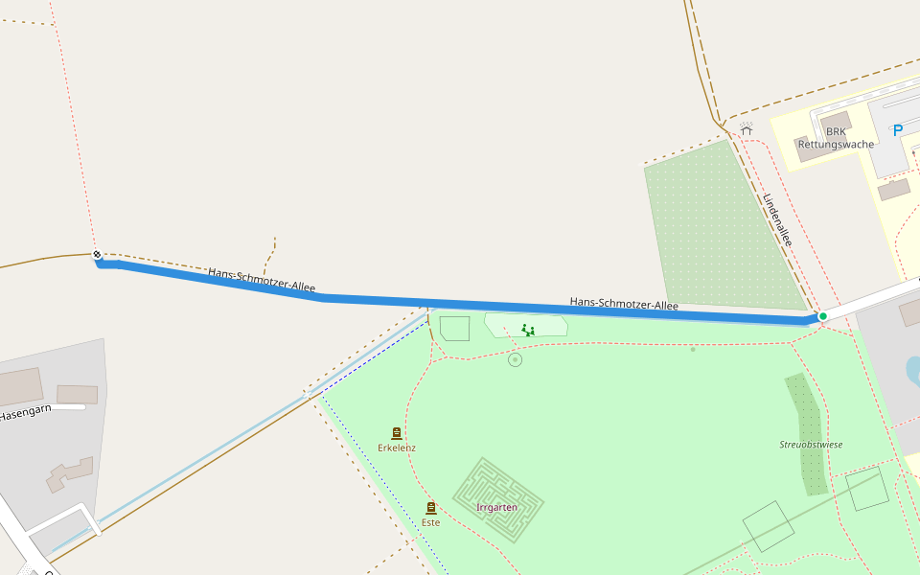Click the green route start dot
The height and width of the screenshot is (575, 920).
tap(822, 316)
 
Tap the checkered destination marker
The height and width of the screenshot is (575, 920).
tap(97, 255)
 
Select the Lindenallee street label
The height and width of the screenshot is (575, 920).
tap(777, 219)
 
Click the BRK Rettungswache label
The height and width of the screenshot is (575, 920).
tap(836, 138)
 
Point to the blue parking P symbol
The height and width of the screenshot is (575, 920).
tap(898, 131)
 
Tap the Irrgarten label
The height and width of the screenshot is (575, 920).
tap(496, 507)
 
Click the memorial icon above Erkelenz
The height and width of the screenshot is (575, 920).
tap(397, 433)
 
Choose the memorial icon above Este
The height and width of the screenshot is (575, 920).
tap(430, 508)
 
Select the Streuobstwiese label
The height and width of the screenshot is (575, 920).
tap(811, 445)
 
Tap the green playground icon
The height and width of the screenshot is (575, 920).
tap(528, 331)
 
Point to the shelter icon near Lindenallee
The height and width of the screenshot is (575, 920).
tap(747, 126)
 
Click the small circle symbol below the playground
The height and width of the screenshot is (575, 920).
tap(516, 359)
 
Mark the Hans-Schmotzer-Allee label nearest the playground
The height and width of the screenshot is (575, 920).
tap(624, 304)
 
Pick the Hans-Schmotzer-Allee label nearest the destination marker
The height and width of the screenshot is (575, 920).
tap(262, 280)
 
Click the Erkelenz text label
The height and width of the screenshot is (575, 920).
tap(397, 448)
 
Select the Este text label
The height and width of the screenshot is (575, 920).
tap(430, 522)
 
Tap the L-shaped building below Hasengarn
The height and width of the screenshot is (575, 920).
tap(70, 473)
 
